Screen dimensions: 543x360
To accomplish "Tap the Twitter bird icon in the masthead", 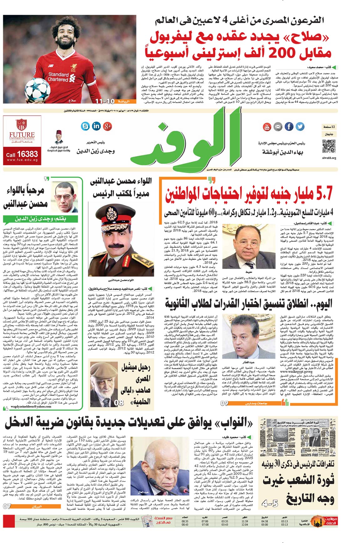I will (x=300, y=126).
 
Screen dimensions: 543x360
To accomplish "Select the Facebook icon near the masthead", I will (x=289, y=126).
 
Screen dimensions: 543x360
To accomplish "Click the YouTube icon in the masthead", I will (x=267, y=126).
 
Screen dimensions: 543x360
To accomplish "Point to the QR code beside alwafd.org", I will (x=329, y=146).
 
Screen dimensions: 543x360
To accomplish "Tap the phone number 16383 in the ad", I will (x=27, y=154).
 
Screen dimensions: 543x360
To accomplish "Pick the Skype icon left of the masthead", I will (x=85, y=126).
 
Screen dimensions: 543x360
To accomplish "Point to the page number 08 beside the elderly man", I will (x=119, y=403).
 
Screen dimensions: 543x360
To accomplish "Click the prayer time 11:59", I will (x=245, y=521).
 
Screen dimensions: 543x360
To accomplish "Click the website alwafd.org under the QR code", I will (x=329, y=158).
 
